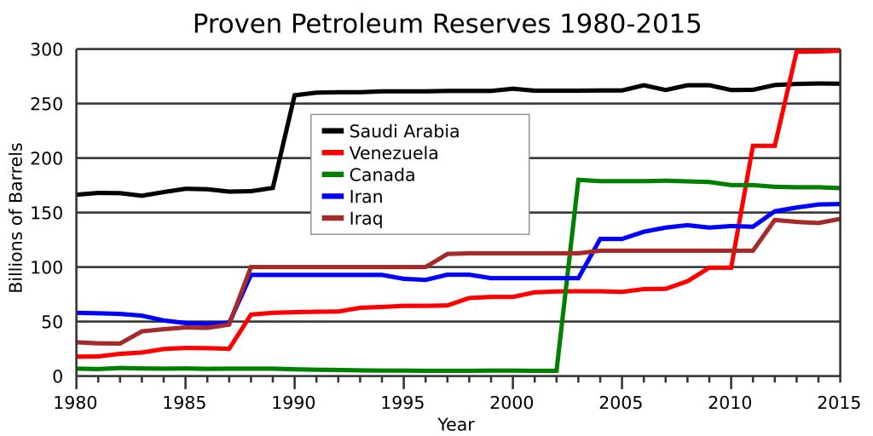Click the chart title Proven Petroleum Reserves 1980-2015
point(446,23)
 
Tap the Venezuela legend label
point(394,153)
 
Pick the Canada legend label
point(383,175)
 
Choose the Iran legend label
point(367,197)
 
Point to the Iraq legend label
point(367,219)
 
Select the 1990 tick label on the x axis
point(294,399)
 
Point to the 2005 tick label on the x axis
point(622,399)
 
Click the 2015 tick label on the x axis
point(839,399)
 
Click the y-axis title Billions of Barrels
point(16,213)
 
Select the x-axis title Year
point(456,423)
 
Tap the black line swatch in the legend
point(332,131)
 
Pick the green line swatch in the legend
point(332,175)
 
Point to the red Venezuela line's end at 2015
point(839,51)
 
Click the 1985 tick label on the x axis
point(186,399)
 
